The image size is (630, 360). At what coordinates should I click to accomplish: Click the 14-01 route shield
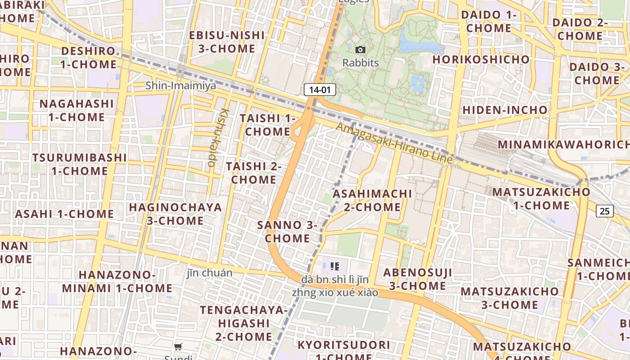point(320,90)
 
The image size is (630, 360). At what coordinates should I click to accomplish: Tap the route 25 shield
point(605,210)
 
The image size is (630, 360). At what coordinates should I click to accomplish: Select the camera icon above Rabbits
point(360,49)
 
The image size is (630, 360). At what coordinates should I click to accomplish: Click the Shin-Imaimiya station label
point(180,85)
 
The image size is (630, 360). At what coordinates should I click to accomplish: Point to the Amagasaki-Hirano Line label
point(394,143)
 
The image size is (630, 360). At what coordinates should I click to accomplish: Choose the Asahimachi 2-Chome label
point(372,200)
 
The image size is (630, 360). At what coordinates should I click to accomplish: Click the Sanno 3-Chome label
point(288,231)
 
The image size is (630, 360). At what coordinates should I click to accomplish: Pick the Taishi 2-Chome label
point(253,172)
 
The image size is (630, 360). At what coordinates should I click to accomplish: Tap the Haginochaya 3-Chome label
point(175,214)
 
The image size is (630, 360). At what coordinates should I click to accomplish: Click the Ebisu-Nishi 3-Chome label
point(227,42)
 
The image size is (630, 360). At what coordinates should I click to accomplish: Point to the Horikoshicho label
point(481,59)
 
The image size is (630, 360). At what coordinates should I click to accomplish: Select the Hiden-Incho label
point(505,110)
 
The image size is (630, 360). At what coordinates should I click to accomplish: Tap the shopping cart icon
point(178,346)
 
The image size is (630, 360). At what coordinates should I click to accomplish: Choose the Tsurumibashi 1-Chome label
point(80,164)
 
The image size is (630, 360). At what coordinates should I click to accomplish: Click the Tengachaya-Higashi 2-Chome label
point(243,323)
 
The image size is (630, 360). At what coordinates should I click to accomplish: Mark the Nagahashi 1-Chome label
point(76,110)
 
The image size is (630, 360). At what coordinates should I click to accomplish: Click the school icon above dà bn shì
point(334,266)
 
